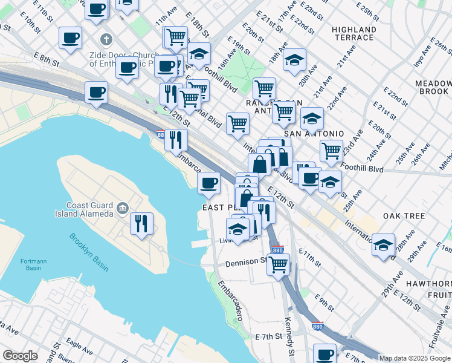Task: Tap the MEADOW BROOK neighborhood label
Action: [x=432, y=87]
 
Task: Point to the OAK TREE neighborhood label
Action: [x=404, y=216]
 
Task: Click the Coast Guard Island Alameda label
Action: [x=89, y=209]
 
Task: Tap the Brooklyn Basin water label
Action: [x=88, y=252]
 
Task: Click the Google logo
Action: [x=20, y=356]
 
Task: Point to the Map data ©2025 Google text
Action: [x=415, y=358]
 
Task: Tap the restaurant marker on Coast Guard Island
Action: [x=141, y=223]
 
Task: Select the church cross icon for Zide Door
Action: [x=106, y=40]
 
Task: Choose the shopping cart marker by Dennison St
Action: [x=278, y=264]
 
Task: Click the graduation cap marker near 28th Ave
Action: [x=383, y=245]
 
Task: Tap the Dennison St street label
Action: [x=245, y=263]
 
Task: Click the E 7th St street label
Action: [x=269, y=336]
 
